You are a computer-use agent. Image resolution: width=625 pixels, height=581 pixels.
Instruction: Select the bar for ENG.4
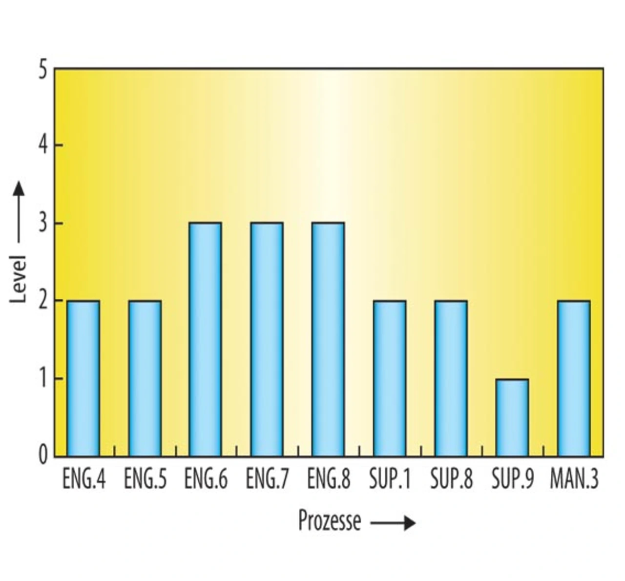83,378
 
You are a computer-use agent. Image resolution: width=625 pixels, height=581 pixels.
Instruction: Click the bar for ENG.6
206,339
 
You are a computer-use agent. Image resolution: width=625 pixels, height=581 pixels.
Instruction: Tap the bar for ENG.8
328,339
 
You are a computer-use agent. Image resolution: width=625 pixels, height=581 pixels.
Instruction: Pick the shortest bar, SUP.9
512,417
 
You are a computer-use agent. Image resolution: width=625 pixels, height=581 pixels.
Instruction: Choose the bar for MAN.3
574,378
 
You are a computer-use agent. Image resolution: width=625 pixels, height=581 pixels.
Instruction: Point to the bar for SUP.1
390,378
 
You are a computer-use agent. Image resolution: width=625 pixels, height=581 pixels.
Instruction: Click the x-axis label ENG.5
145,479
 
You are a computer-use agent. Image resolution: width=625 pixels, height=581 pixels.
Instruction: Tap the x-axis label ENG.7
267,479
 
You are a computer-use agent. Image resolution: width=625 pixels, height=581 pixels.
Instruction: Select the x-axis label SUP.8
451,479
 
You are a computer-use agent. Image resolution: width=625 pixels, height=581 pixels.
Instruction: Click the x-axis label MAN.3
574,479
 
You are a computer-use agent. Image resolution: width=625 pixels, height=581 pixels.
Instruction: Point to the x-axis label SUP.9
513,479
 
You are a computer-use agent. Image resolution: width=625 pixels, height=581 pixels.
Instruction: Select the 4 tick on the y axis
43,146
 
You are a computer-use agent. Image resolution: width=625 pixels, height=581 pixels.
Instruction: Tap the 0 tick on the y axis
43,456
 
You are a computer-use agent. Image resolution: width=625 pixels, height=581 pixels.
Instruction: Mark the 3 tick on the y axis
43,224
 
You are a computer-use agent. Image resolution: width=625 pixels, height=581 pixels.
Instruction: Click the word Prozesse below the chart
330,521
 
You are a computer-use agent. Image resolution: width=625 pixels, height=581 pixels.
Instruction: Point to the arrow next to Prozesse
393,523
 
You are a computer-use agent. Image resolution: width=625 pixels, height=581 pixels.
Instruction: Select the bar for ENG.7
267,339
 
